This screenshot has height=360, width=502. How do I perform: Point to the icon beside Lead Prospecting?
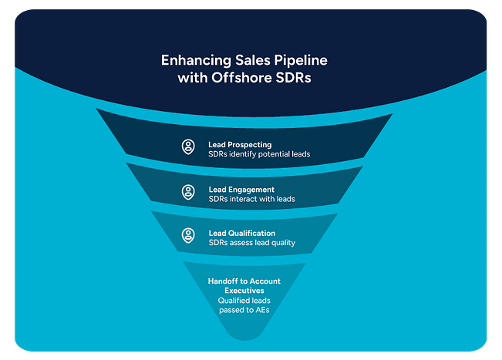tap(188, 147)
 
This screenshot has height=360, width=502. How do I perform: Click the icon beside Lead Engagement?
tap(188, 191)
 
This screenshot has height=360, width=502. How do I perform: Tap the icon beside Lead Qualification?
tap(188, 236)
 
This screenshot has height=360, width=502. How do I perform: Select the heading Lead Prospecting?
tap(240, 143)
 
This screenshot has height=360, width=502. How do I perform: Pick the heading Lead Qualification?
tap(241, 232)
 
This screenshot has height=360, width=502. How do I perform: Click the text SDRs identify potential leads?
tap(259, 154)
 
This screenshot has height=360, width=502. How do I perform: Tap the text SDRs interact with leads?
tap(251, 199)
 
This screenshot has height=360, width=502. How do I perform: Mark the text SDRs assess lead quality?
tap(251, 243)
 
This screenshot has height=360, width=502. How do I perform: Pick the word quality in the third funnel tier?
tap(280, 243)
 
